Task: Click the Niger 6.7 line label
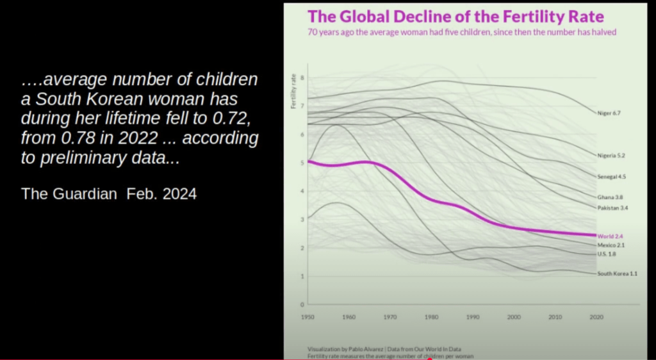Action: pyautogui.click(x=609, y=113)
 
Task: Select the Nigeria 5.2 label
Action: pyautogui.click(x=611, y=156)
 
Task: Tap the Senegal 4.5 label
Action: pyautogui.click(x=611, y=176)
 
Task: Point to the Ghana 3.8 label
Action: pyautogui.click(x=610, y=197)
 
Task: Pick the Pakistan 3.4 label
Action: pyautogui.click(x=612, y=208)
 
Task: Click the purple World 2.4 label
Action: pyautogui.click(x=610, y=236)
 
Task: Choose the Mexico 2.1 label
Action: pyautogui.click(x=611, y=245)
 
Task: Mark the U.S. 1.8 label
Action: pyautogui.click(x=607, y=254)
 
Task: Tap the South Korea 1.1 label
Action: pyautogui.click(x=617, y=274)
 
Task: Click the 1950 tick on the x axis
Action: pyautogui.click(x=308, y=317)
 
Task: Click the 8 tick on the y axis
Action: pyautogui.click(x=302, y=78)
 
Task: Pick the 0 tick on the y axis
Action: pyautogui.click(x=302, y=304)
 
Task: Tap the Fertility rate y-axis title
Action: pyautogui.click(x=294, y=92)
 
